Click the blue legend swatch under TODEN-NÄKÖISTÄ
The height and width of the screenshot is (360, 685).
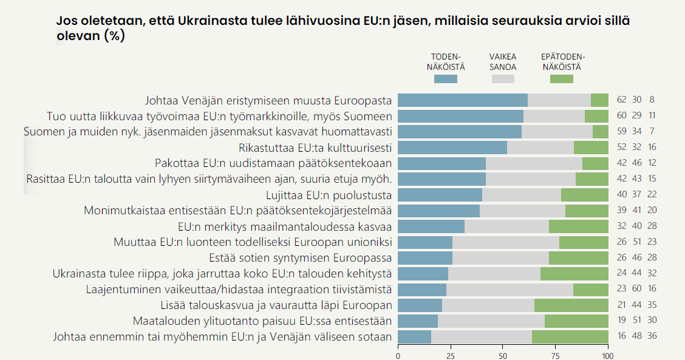[445, 79]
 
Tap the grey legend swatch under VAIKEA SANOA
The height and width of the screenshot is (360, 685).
[503, 79]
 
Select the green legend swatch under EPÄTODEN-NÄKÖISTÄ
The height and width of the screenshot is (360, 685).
[561, 79]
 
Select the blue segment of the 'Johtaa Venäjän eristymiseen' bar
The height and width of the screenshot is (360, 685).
[463, 100]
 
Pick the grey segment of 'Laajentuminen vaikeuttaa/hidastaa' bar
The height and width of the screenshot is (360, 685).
[509, 290]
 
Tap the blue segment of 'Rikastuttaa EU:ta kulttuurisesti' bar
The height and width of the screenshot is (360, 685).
[452, 148]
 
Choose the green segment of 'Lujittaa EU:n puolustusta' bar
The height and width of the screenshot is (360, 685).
[585, 195]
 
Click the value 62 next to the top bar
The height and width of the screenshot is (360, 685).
[621, 100]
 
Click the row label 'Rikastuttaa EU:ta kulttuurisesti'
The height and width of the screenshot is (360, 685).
[315, 148]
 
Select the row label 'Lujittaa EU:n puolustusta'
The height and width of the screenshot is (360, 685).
[329, 195]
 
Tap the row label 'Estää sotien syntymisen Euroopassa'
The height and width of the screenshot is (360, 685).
[300, 258]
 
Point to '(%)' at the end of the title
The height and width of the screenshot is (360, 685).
[114, 36]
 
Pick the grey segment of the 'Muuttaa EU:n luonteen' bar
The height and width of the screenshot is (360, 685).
[506, 242]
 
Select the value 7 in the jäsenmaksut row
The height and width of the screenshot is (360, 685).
[652, 132]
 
